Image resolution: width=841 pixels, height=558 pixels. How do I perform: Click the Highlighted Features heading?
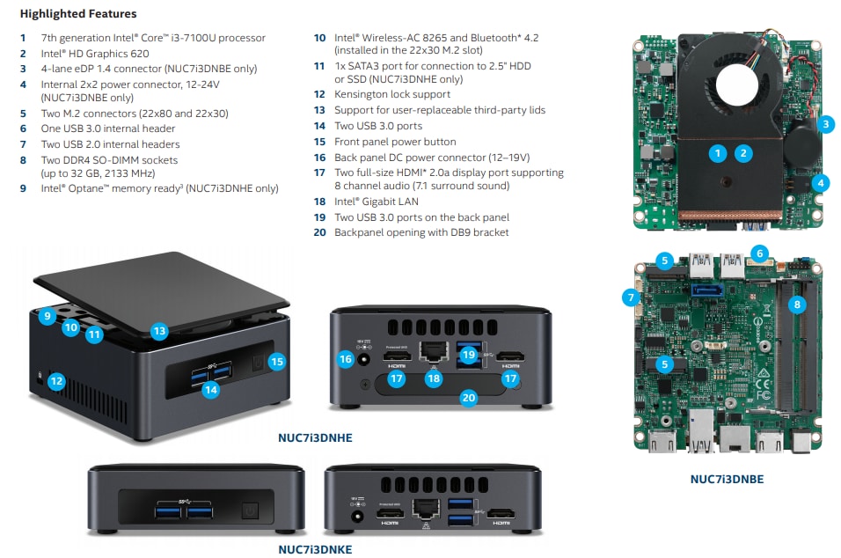pyautogui.click(x=78, y=14)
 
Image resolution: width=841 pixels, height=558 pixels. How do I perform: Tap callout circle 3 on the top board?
pyautogui.click(x=825, y=124)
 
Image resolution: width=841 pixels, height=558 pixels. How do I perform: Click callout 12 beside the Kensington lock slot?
pyautogui.click(x=56, y=381)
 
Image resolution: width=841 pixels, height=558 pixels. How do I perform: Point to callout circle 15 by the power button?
pyautogui.click(x=277, y=361)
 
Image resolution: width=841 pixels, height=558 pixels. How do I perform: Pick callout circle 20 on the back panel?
pyautogui.click(x=468, y=398)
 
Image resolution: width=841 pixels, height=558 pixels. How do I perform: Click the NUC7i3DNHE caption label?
pyautogui.click(x=314, y=437)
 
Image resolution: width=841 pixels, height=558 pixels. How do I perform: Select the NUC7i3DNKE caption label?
pyautogui.click(x=315, y=550)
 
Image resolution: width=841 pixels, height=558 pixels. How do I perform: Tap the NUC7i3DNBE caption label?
pyautogui.click(x=727, y=480)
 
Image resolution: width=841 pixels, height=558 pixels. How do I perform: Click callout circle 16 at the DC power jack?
pyautogui.click(x=346, y=359)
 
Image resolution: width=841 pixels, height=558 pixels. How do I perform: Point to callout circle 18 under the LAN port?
pyautogui.click(x=432, y=378)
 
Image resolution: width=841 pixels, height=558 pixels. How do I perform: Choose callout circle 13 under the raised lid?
pyautogui.click(x=158, y=331)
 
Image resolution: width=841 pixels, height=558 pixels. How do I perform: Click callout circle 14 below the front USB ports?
pyautogui.click(x=210, y=388)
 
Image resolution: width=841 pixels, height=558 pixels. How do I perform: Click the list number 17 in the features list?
pyautogui.click(x=319, y=173)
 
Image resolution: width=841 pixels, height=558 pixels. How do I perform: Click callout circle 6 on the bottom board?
pyautogui.click(x=759, y=253)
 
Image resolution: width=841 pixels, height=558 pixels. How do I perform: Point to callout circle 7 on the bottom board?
pyautogui.click(x=631, y=297)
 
